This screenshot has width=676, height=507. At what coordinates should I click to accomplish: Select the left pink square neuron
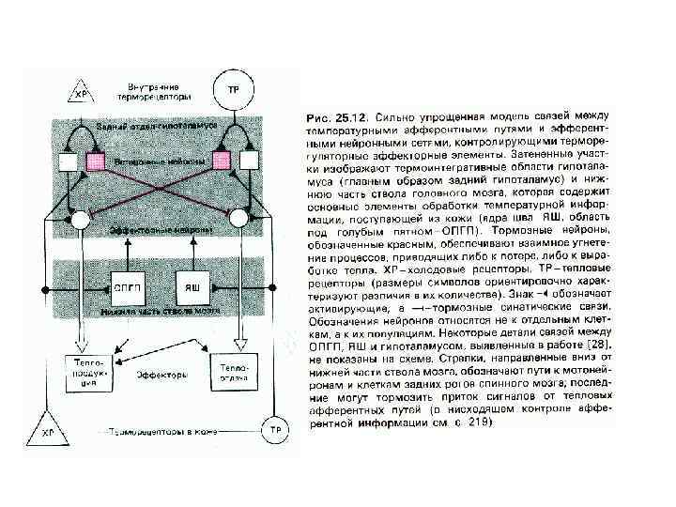point(94,161)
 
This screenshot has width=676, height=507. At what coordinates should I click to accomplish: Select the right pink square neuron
point(223,161)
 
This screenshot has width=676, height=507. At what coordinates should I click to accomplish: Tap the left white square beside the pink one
point(68,161)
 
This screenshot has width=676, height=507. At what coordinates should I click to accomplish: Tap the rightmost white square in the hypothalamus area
point(250,161)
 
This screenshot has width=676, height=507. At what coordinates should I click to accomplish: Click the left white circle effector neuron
point(80,218)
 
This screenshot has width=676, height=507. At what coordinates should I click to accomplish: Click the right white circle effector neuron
point(238,218)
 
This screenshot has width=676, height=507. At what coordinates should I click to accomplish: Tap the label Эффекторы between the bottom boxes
point(158,373)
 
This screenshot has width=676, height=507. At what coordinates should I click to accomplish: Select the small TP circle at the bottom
point(275,430)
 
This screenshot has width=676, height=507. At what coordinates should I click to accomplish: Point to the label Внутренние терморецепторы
point(155,92)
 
